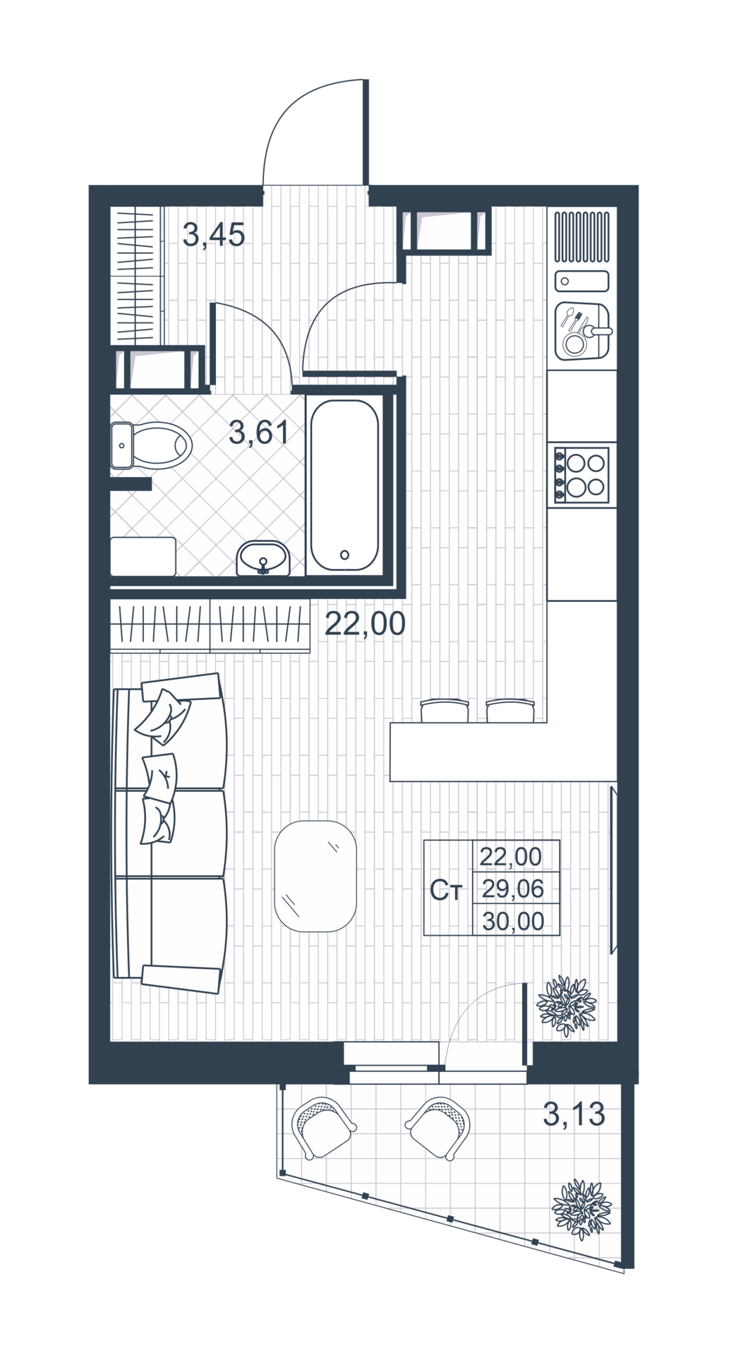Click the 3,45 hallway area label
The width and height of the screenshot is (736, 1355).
(x=214, y=234)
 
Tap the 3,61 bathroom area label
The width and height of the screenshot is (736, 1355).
(x=259, y=432)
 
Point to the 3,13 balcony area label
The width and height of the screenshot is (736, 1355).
(x=574, y=1114)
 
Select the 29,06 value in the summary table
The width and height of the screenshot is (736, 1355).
(x=512, y=889)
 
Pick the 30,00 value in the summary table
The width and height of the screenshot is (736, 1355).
(x=513, y=921)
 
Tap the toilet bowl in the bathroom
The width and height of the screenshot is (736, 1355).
(x=152, y=445)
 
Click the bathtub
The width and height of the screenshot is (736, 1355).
(x=344, y=486)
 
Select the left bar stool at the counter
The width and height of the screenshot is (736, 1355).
(x=445, y=711)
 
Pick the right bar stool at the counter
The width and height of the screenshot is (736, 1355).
(x=510, y=711)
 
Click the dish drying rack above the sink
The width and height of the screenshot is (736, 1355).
(x=581, y=236)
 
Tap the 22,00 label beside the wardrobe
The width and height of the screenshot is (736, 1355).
(x=365, y=624)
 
